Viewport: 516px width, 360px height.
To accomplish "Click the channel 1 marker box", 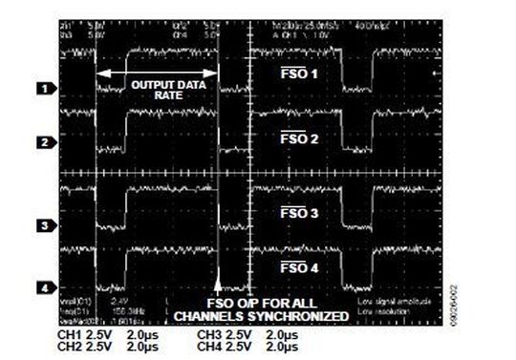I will pyautogui.click(x=44, y=88).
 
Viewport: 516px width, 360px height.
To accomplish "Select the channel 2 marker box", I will pyautogui.click(x=44, y=142).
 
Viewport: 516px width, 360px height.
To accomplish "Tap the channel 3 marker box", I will pyautogui.click(x=44, y=226).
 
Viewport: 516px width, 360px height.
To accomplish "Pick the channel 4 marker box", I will pyautogui.click(x=44, y=286).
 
